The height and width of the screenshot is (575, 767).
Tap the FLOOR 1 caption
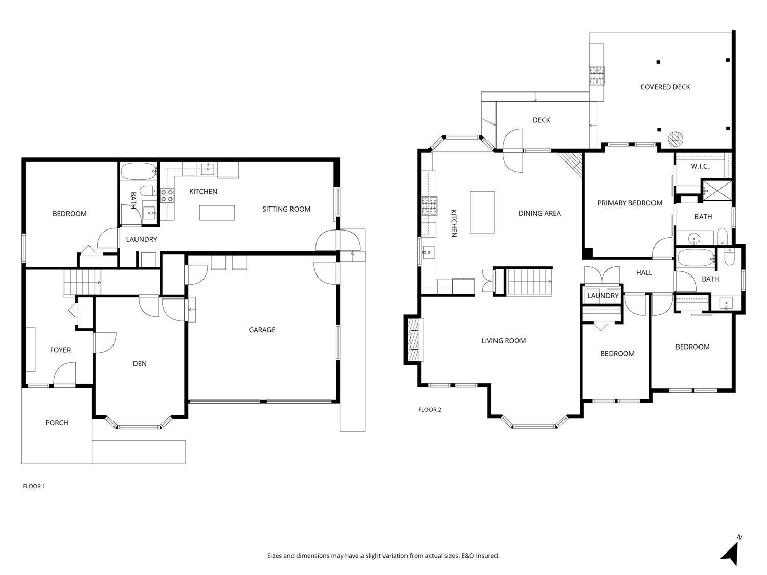(34, 486)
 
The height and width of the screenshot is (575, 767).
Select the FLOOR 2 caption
(430, 409)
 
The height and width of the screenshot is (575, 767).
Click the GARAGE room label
(262, 330)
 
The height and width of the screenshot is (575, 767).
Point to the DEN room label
(140, 364)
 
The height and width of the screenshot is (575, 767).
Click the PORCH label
(57, 423)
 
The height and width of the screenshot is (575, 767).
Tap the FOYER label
(60, 350)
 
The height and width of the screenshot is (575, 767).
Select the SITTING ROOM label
(286, 209)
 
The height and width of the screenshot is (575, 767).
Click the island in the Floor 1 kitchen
(217, 213)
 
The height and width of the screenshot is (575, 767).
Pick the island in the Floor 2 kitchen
(483, 212)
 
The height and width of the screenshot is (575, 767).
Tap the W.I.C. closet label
(700, 166)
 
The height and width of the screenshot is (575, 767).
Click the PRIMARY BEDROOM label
(630, 203)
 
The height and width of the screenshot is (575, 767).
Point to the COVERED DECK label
(665, 87)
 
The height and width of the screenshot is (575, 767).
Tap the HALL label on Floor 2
(644, 273)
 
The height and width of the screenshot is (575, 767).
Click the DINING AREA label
(539, 213)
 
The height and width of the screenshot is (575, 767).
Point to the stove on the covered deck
(597, 76)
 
